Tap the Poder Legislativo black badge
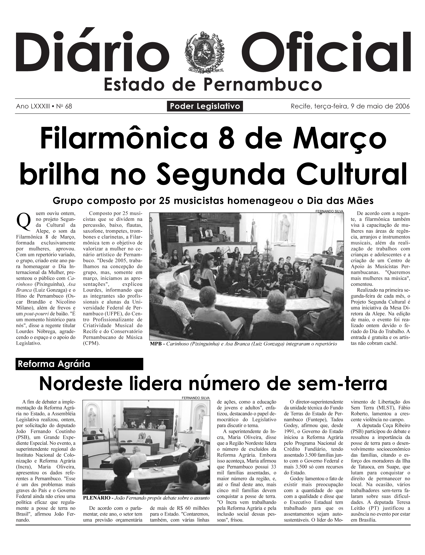[205, 106]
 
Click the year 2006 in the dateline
[402, 106]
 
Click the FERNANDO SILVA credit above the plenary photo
[196, 398]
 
